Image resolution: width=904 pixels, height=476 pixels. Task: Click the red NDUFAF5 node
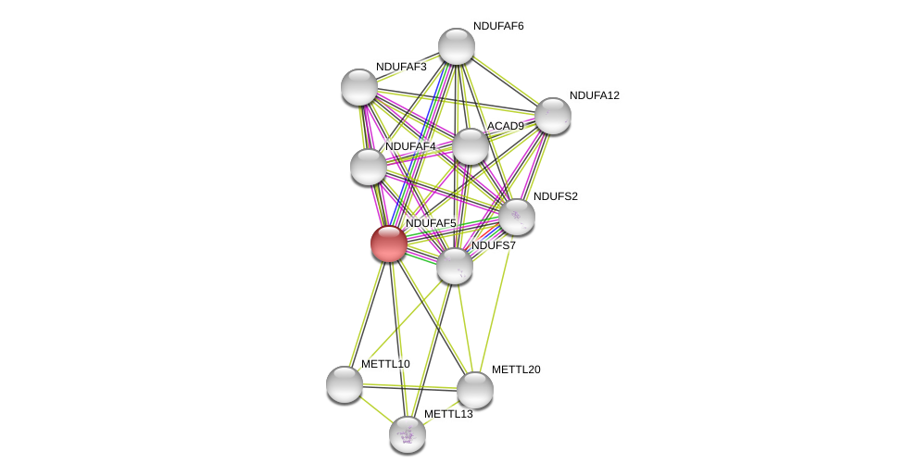pyautogui.click(x=389, y=244)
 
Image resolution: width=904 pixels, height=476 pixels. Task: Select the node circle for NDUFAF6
pyautogui.click(x=457, y=46)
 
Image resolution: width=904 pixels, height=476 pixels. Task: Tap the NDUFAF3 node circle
pyautogui.click(x=359, y=87)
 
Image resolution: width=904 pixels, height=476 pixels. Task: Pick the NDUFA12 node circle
pyautogui.click(x=553, y=116)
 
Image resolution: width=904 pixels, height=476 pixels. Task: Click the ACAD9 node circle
pyautogui.click(x=471, y=146)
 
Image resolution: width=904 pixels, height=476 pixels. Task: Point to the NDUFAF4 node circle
pyautogui.click(x=369, y=167)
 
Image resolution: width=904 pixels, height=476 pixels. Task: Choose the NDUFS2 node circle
pyautogui.click(x=517, y=217)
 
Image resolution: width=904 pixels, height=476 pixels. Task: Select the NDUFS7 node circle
pyautogui.click(x=455, y=266)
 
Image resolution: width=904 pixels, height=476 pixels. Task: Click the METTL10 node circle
pyautogui.click(x=345, y=384)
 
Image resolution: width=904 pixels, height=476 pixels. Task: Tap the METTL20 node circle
pyautogui.click(x=475, y=390)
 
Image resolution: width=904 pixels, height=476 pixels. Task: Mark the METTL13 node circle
pyautogui.click(x=408, y=434)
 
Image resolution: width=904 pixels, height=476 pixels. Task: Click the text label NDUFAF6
pyautogui.click(x=498, y=26)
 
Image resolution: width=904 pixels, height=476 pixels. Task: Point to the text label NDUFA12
pyautogui.click(x=594, y=95)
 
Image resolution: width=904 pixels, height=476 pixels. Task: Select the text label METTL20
pyautogui.click(x=516, y=370)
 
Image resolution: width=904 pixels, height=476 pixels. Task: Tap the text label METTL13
pyautogui.click(x=448, y=414)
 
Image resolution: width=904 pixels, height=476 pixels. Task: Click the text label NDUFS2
pyautogui.click(x=555, y=196)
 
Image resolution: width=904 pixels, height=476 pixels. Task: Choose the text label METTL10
pyautogui.click(x=385, y=364)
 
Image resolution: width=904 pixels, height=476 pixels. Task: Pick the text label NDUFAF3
pyautogui.click(x=401, y=67)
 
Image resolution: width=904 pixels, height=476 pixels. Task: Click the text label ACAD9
pyautogui.click(x=505, y=126)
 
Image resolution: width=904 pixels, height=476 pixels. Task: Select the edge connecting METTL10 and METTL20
pyautogui.click(x=409, y=387)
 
